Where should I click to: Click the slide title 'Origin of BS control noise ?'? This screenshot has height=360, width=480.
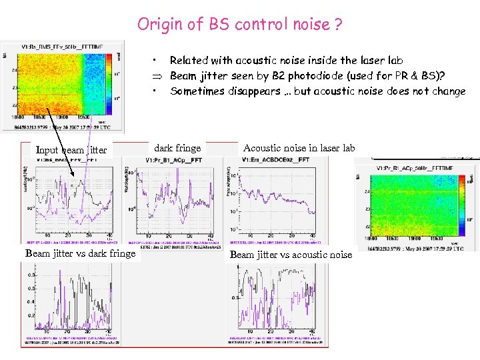coord(240,25)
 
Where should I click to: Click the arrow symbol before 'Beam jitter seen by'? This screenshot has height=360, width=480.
coord(154,76)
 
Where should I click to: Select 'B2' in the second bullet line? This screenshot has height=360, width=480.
coord(293,76)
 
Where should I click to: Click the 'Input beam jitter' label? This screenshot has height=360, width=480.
coord(71,150)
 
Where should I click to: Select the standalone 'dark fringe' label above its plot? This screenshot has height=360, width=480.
coord(177,148)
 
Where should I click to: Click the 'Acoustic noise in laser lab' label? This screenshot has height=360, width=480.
coord(299,148)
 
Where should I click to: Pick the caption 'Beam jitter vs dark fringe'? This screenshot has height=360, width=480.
coord(80,253)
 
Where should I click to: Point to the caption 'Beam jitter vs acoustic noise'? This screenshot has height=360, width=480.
coord(291,254)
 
